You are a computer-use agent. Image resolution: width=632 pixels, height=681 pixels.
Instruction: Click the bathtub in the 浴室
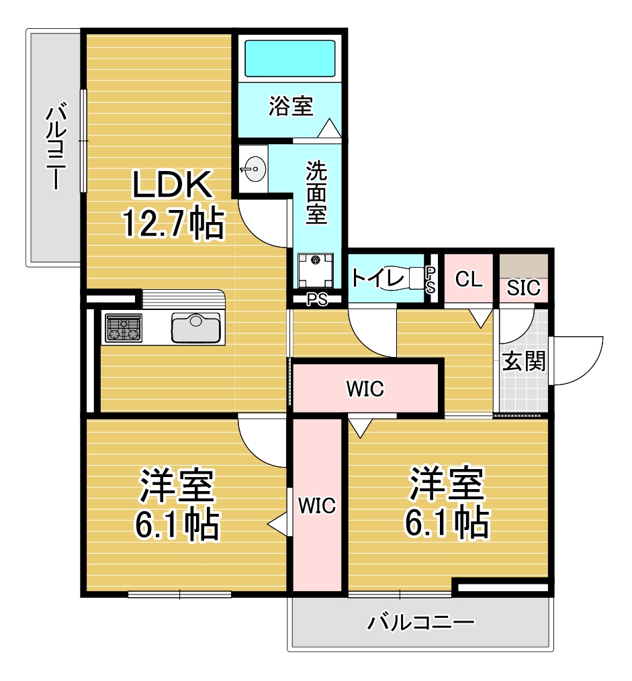coord(290,58)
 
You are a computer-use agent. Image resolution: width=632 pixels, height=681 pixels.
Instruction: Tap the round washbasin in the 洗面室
coord(255,168)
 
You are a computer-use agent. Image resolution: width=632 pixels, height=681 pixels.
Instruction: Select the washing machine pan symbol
coord(316,270)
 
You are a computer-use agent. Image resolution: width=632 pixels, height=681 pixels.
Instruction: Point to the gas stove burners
coord(124,328)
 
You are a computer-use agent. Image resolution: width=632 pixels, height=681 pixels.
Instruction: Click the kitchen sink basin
coord(196,328)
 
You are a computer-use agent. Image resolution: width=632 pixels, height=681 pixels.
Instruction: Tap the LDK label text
coord(172,185)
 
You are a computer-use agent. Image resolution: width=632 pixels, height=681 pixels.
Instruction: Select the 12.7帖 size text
coord(174,223)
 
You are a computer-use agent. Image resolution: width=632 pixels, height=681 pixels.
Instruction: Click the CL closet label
coord(469,279)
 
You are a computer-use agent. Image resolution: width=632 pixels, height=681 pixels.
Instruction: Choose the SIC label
coord(524,288)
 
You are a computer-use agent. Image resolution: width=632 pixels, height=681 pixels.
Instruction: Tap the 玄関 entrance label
coord(524,361)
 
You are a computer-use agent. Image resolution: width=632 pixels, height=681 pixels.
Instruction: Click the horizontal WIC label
coord(365,388)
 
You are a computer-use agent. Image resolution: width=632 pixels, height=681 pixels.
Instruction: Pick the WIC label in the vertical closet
coord(317,505)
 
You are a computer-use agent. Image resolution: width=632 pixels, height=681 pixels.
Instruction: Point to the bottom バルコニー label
coord(420,623)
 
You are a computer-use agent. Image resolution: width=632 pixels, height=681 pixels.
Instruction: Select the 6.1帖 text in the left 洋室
coord(177,525)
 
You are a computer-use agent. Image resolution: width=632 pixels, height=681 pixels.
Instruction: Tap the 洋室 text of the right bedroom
coord(447,483)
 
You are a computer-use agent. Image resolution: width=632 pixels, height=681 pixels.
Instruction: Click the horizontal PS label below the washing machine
coord(317,299)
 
